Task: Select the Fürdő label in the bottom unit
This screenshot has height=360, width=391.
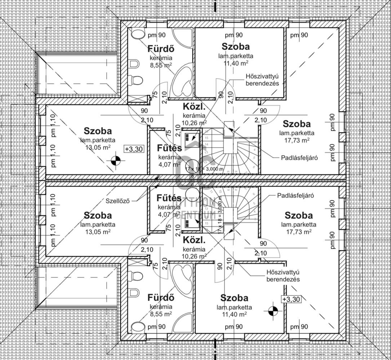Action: [161, 298]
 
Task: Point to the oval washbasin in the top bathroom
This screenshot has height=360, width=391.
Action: [137, 34]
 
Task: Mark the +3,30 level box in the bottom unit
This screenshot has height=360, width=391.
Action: [291, 299]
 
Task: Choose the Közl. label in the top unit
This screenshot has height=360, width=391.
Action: [194, 107]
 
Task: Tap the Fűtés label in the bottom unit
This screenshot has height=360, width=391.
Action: [169, 198]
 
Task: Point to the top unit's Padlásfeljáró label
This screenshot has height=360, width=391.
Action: [299, 158]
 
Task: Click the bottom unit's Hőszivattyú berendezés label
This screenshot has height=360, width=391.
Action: [283, 276]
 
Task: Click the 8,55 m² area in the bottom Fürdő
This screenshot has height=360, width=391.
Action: [161, 314]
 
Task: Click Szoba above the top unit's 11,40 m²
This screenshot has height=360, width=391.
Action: [236, 46]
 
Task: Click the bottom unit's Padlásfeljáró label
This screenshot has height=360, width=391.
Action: [295, 195]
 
